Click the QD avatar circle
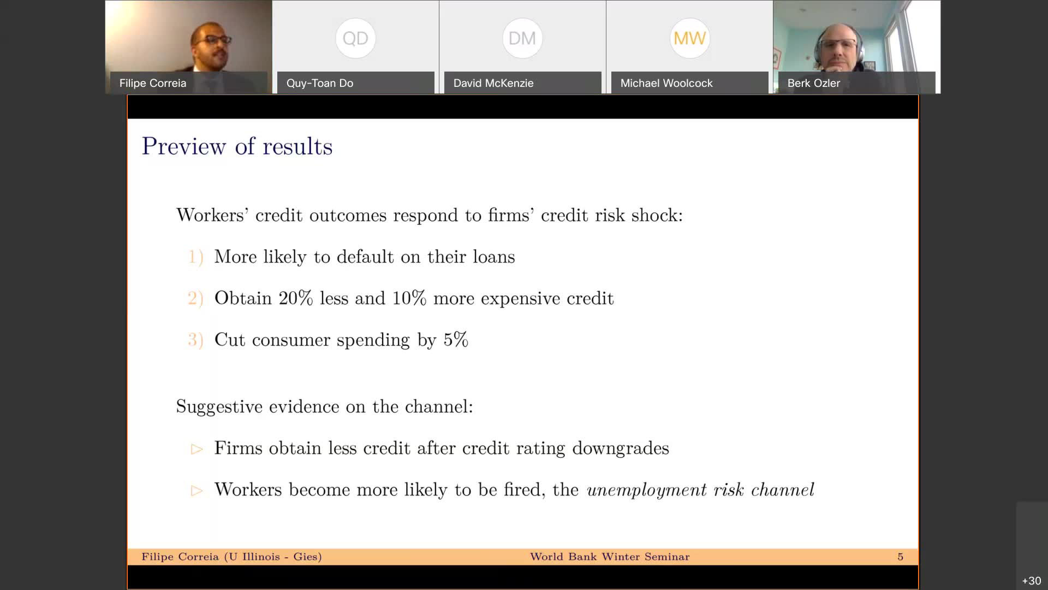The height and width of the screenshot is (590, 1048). pyautogui.click(x=355, y=38)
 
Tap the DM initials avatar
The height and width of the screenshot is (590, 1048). pyautogui.click(x=522, y=38)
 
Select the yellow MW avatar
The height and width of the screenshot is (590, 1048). pyautogui.click(x=689, y=38)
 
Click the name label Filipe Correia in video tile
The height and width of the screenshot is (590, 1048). pyautogui.click(x=153, y=83)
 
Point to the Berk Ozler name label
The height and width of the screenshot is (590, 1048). pyautogui.click(x=813, y=83)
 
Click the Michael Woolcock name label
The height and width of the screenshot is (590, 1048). pyautogui.click(x=666, y=83)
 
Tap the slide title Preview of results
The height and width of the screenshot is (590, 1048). pyautogui.click(x=237, y=146)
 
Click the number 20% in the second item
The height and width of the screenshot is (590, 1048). pyautogui.click(x=296, y=298)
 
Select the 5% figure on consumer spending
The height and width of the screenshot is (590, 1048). pyautogui.click(x=456, y=340)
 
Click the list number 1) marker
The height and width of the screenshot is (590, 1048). pyautogui.click(x=195, y=257)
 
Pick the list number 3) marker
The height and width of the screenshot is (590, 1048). pyautogui.click(x=195, y=340)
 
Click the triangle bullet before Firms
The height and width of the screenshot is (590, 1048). pyautogui.click(x=197, y=449)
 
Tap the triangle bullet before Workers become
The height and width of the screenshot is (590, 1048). pyautogui.click(x=197, y=491)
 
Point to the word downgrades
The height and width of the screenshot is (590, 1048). pyautogui.click(x=621, y=449)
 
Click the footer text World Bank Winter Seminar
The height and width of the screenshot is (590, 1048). pyautogui.click(x=610, y=557)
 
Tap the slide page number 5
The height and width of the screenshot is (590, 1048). pyautogui.click(x=900, y=557)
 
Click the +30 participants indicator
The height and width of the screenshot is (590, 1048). pyautogui.click(x=1031, y=581)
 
